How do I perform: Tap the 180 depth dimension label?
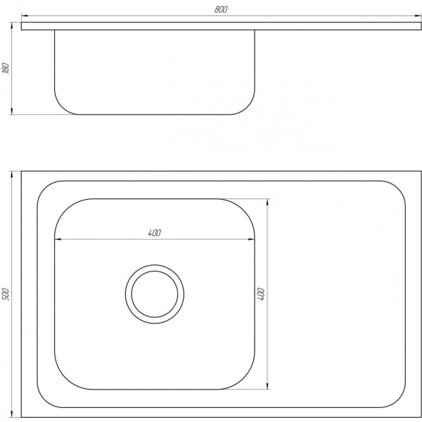(x=7, y=69)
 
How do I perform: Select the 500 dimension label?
(x=7, y=293)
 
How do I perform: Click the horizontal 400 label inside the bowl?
(x=155, y=233)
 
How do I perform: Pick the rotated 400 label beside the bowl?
(x=262, y=293)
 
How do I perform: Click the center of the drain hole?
(x=155, y=293)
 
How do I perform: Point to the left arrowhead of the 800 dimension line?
(x=24, y=15)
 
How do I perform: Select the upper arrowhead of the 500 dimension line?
(x=13, y=173)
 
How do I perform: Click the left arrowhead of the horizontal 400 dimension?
(x=58, y=239)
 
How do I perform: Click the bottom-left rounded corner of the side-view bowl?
(x=61, y=107)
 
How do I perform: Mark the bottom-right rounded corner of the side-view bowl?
(x=248, y=107)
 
